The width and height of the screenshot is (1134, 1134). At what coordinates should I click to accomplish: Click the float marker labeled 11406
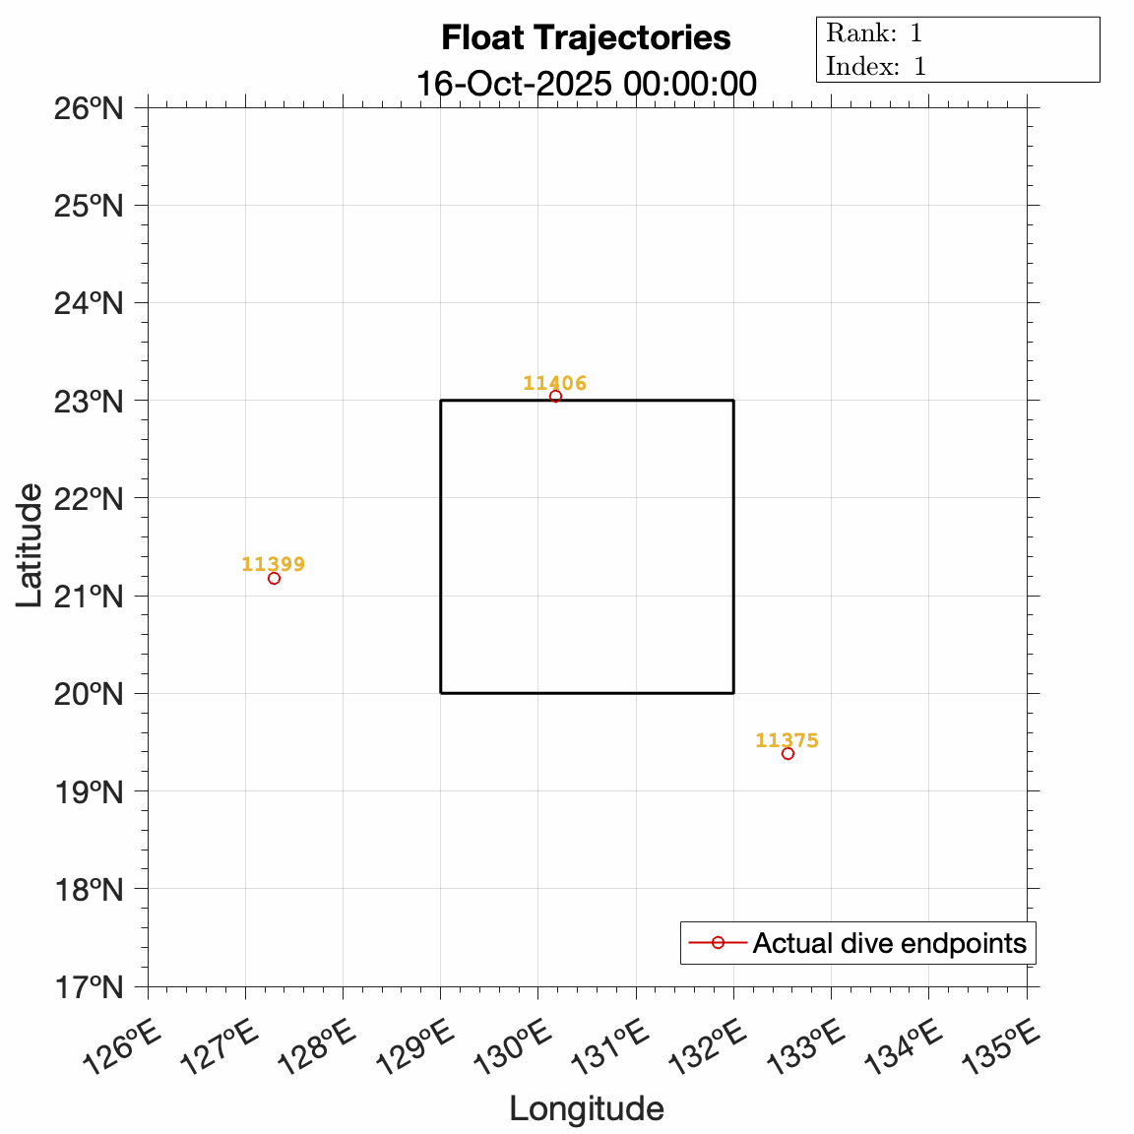point(555,396)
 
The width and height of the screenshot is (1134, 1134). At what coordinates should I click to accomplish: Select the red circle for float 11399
point(274,578)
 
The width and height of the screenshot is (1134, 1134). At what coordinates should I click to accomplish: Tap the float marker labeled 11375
point(787,753)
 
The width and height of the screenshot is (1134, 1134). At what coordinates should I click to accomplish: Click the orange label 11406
point(554,383)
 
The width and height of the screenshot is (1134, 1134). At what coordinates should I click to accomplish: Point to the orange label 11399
point(273,564)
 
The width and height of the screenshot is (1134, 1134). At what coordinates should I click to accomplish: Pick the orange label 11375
point(787,740)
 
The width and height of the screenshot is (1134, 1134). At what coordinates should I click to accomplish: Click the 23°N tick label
point(88,401)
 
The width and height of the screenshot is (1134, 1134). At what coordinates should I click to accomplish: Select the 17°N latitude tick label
point(88,986)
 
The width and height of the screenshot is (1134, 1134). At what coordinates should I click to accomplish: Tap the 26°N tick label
point(88,107)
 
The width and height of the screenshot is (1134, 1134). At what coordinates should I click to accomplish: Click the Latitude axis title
point(31,545)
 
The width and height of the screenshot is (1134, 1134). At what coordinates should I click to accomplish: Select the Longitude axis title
point(587,1109)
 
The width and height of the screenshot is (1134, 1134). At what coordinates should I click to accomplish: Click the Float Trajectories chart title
point(586,38)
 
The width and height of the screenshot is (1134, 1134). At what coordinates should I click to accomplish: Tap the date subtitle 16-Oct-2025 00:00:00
point(586,84)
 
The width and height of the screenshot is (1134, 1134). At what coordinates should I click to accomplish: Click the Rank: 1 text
point(874,33)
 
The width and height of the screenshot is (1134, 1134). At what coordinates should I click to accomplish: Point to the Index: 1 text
point(876,67)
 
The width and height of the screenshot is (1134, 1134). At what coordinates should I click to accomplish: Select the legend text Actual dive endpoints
point(889,943)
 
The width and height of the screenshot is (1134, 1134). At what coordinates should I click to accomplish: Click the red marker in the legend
point(718,943)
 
